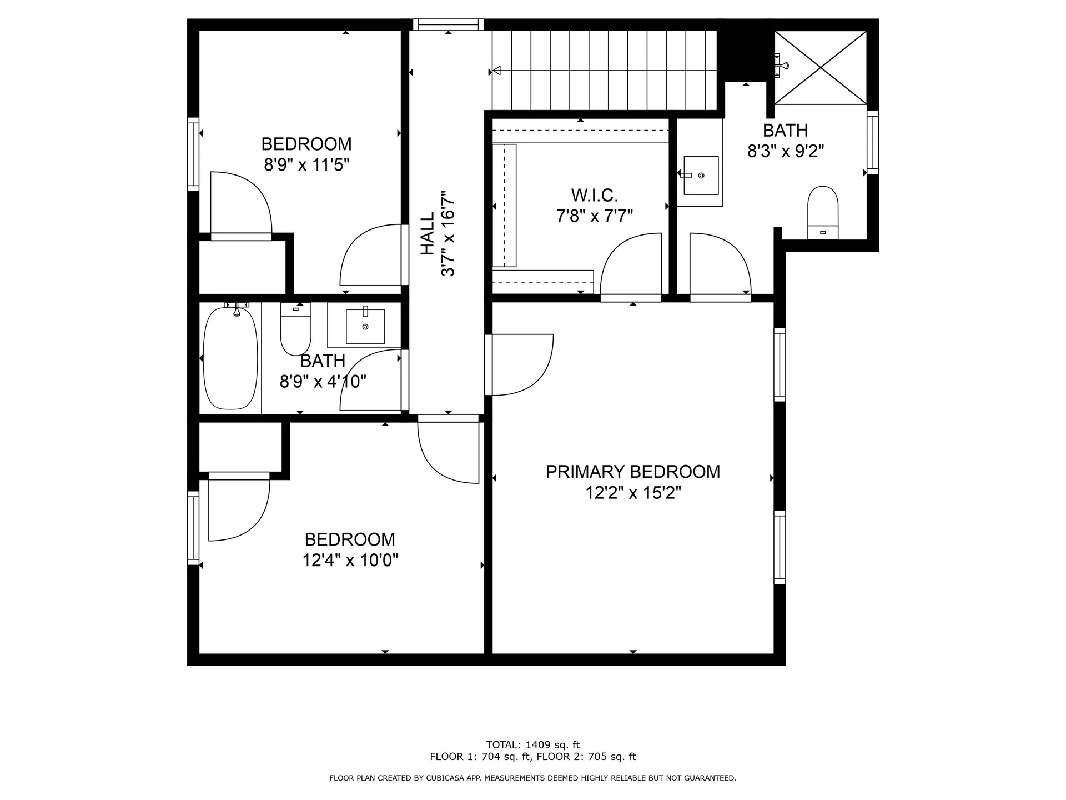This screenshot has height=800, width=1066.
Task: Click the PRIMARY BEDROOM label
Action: tap(632, 472)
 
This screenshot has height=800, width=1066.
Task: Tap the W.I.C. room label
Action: tap(594, 196)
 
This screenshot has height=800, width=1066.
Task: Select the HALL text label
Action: tap(427, 233)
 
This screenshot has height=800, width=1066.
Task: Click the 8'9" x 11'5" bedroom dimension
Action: tap(306, 165)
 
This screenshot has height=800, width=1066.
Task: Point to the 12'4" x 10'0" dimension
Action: tap(350, 560)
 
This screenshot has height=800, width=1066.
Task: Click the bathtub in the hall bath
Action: tap(230, 358)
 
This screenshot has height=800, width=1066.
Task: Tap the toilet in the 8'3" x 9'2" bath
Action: tap(822, 211)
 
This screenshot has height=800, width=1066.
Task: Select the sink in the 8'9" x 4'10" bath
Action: tap(365, 327)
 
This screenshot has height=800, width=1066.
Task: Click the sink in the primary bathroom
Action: tap(701, 176)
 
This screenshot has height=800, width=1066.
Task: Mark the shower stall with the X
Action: tap(820, 67)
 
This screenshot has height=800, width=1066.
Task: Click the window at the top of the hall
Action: tap(448, 24)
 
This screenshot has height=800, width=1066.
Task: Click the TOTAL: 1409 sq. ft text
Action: tap(532, 745)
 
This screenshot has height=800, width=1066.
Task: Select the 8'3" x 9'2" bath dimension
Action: tap(785, 151)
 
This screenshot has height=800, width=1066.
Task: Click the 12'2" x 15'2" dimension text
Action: tap(632, 493)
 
